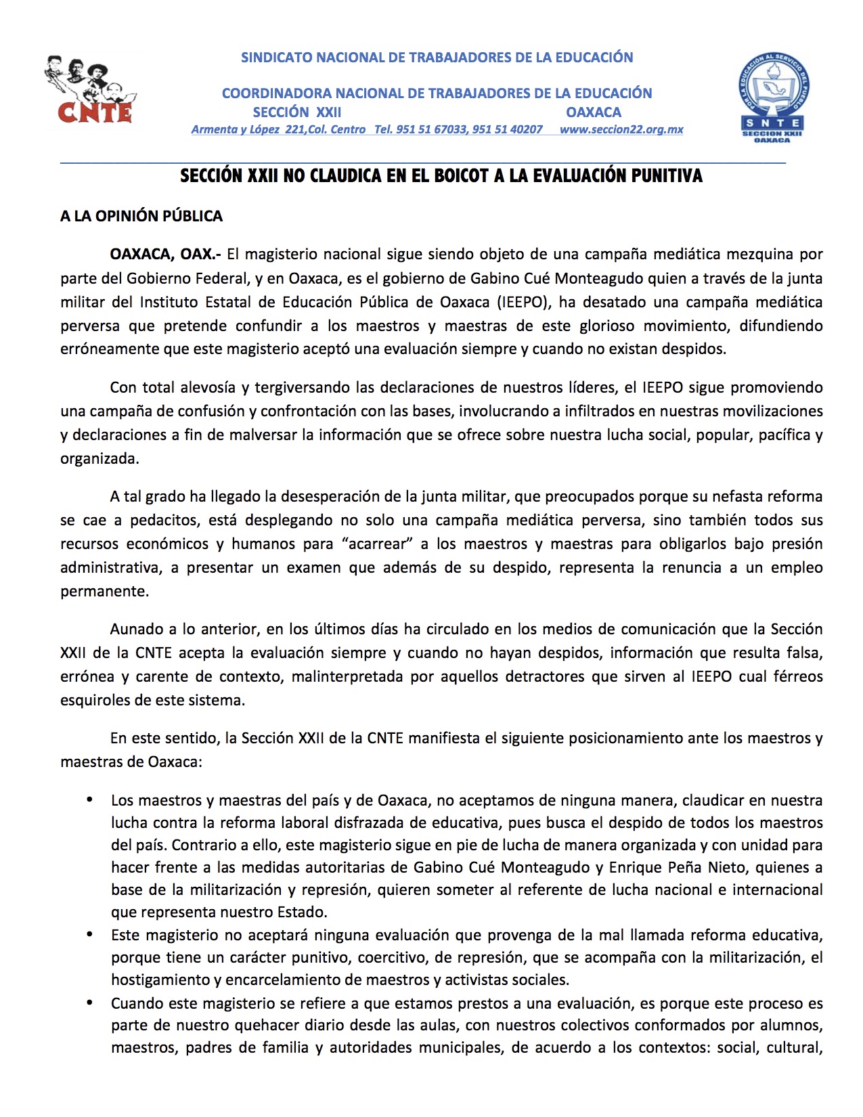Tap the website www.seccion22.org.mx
621,129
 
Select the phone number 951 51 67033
431,129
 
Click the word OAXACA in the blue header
594,112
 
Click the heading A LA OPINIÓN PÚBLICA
141,216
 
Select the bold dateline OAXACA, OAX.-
166,255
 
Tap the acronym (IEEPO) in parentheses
521,302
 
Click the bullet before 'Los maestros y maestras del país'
89,800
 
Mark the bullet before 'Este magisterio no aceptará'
89,935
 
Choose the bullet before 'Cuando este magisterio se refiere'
89,1003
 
